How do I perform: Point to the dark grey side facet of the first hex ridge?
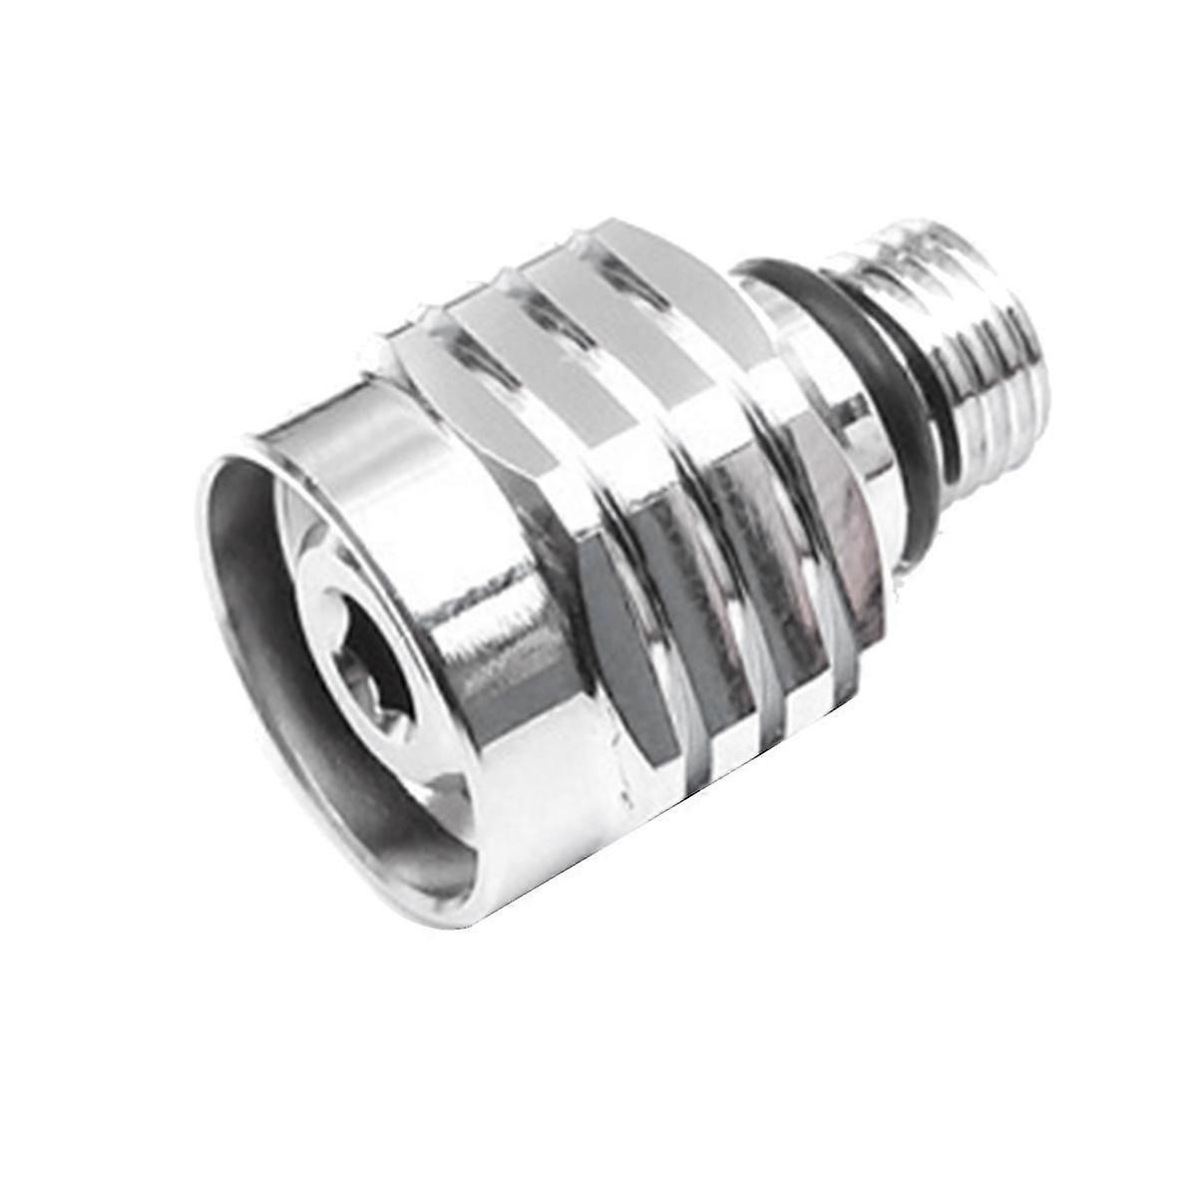(608, 638)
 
